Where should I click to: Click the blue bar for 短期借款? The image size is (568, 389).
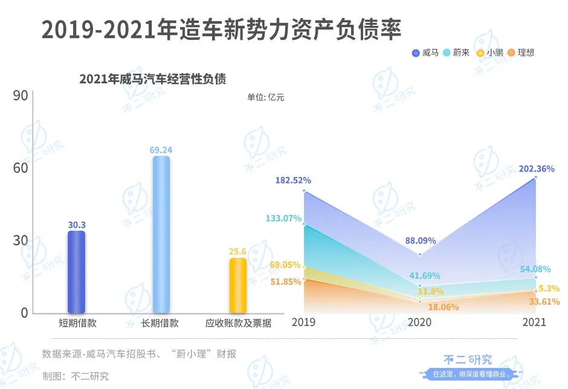tap(76, 272)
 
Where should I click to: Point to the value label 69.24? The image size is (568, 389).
tap(161, 149)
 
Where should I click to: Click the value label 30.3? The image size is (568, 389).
tap(76, 225)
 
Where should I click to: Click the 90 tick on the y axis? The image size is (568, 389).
tap(21, 96)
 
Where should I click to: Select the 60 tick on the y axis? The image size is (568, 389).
tap(21, 168)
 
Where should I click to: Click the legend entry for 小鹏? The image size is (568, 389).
tap(489, 53)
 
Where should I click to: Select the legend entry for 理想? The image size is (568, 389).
tap(521, 53)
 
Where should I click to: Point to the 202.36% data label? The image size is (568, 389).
tap(536, 169)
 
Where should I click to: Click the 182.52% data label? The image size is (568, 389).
tap(293, 180)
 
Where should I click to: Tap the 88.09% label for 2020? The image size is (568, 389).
tap(421, 240)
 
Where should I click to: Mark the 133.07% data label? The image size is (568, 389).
tap(283, 218)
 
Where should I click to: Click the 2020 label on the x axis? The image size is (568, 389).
tap(420, 323)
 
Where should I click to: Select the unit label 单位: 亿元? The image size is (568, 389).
tap(265, 97)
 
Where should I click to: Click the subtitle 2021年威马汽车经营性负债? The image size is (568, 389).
tap(152, 79)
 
